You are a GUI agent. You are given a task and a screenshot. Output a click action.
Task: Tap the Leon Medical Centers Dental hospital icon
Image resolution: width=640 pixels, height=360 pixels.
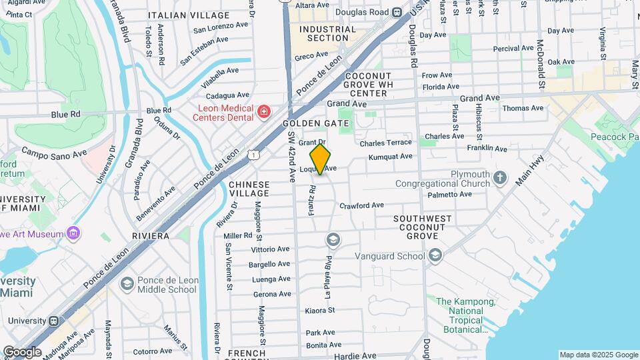tap(264, 110)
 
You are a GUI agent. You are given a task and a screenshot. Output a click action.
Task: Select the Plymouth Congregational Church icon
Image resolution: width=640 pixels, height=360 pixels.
tap(500, 178)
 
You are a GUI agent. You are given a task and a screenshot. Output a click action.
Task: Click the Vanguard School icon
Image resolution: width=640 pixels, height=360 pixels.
tap(435, 256)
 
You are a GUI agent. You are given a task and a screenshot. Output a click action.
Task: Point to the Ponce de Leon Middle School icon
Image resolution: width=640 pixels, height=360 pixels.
tap(127, 285)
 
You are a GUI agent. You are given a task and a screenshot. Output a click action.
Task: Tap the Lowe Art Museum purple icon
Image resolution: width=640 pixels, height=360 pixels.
tap(73, 233)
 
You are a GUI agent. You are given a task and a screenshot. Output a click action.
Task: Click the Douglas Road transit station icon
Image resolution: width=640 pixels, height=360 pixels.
tap(397, 12)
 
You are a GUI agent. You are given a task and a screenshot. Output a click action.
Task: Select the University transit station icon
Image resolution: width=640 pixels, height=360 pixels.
tap(53, 321)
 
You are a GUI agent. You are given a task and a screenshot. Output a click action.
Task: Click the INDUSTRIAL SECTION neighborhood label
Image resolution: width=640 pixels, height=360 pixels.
tap(327, 34)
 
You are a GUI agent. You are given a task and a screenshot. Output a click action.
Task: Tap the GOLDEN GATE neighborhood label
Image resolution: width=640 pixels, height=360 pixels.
tap(316, 124)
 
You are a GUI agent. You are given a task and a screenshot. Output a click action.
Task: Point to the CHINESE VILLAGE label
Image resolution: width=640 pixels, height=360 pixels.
tap(249, 189)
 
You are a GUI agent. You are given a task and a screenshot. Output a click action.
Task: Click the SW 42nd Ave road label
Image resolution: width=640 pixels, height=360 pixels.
tap(291, 156)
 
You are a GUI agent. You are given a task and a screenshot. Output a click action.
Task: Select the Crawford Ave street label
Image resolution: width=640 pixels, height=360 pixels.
tap(361, 205)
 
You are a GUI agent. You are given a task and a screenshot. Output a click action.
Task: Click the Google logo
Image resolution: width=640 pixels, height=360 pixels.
tap(22, 352)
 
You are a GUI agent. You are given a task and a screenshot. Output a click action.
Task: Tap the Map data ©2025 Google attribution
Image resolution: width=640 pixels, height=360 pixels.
tap(598, 355)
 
